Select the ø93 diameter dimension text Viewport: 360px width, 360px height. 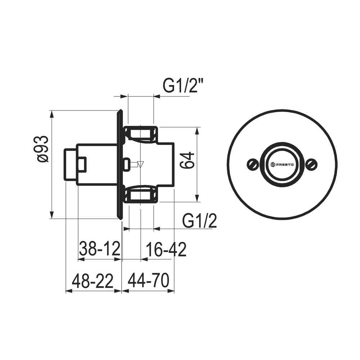coord(42,149)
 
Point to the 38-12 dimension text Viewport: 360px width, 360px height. coord(99,249)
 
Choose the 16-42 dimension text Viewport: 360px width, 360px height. coord(166,249)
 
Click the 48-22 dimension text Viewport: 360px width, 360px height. coord(93,281)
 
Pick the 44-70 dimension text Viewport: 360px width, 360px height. coord(148,281)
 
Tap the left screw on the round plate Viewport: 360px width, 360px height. coord(253,164)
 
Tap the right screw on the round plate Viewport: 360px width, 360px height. coord(312,164)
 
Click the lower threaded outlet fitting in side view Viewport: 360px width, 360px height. coord(141,195)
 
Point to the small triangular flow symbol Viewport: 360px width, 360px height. coord(141,165)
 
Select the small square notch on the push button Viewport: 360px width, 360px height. coord(82,164)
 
